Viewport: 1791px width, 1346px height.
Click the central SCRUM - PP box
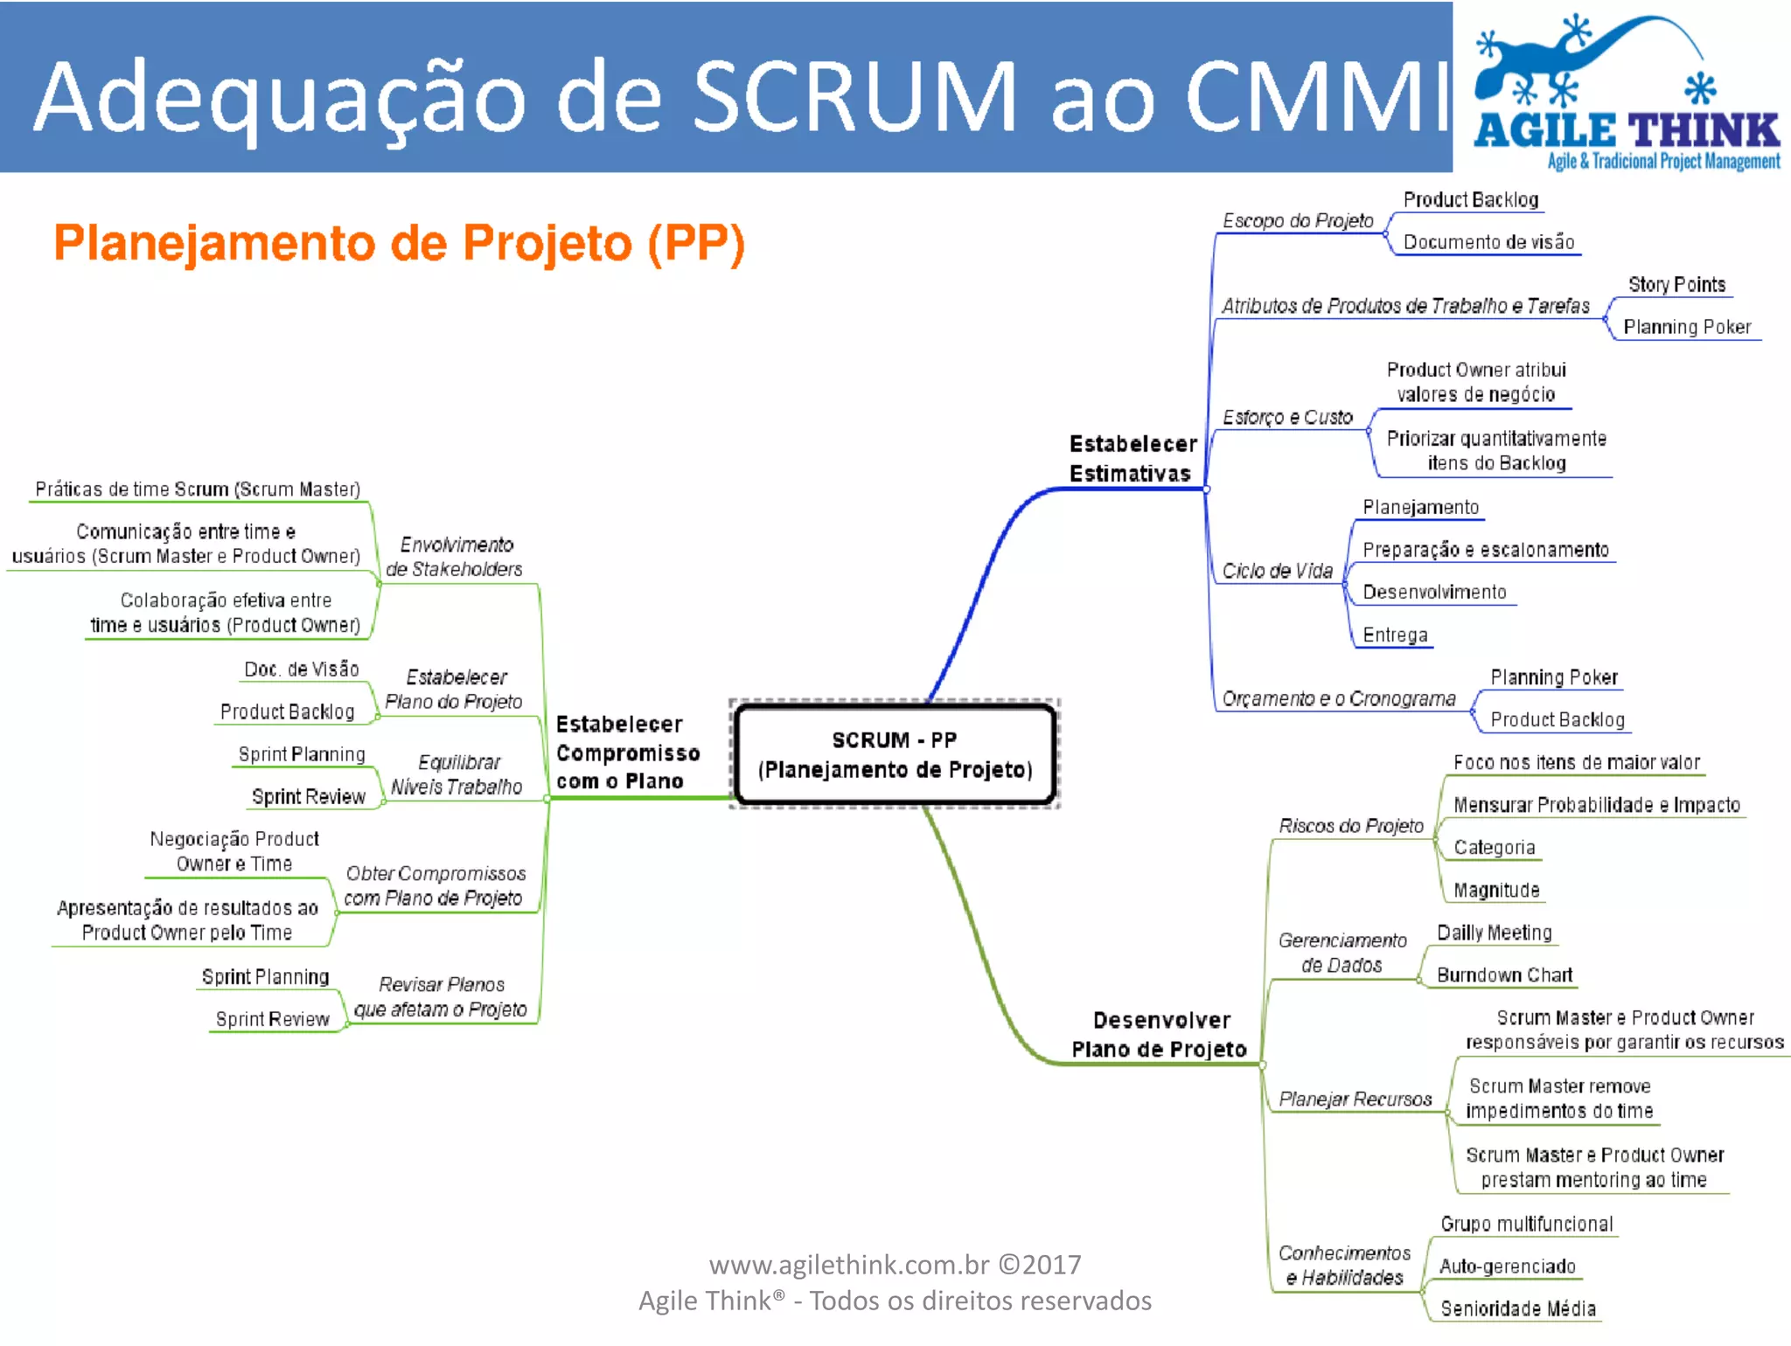click(x=895, y=754)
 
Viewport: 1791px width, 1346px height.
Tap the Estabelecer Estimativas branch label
click(x=1132, y=458)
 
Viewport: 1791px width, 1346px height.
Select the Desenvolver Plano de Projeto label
click(x=1160, y=1035)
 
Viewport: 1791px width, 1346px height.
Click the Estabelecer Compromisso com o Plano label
click(x=627, y=753)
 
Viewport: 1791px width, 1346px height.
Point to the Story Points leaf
click(x=1676, y=285)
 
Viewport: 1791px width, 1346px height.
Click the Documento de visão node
click(x=1488, y=242)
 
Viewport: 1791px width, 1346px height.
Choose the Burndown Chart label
click(x=1504, y=975)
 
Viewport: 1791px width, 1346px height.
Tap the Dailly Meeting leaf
click(x=1494, y=933)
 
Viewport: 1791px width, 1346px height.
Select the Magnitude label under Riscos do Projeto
click(x=1496, y=891)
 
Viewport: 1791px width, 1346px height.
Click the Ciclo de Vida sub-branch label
click(x=1277, y=572)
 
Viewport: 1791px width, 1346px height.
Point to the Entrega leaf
click(x=1395, y=635)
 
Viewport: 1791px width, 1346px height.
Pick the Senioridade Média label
click(x=1518, y=1308)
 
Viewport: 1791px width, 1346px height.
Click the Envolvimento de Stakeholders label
click(x=455, y=557)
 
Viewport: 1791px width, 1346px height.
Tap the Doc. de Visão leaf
click(x=302, y=670)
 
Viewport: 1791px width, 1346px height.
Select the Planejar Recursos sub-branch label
click(x=1355, y=1100)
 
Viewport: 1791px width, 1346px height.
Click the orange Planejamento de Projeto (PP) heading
click(x=399, y=243)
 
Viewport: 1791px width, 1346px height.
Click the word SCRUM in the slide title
click(x=855, y=96)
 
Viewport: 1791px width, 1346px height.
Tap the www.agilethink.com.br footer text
click(x=895, y=1265)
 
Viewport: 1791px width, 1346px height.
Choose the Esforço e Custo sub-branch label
click(x=1287, y=418)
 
